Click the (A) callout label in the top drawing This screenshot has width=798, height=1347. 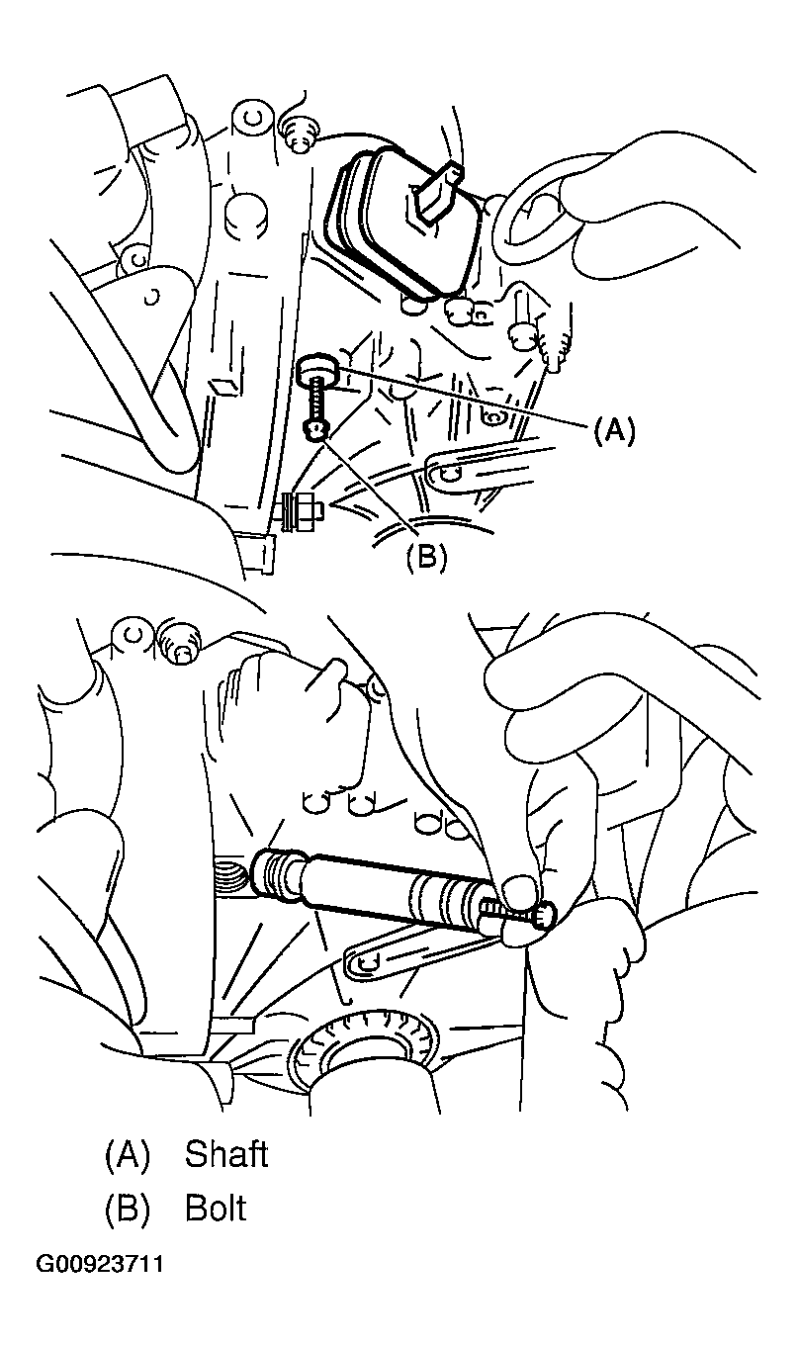614,431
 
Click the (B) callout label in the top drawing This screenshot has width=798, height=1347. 426,557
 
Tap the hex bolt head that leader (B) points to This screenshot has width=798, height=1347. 316,430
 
